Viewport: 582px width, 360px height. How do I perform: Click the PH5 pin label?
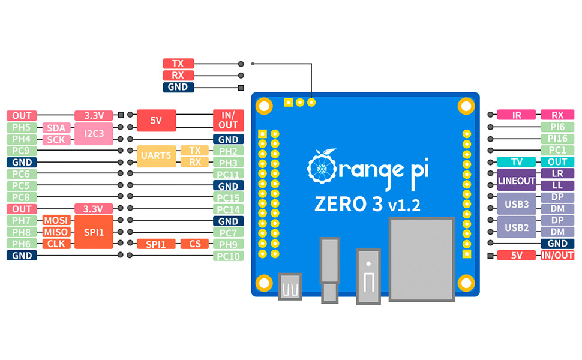click(x=22, y=127)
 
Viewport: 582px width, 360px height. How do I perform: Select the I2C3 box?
click(x=94, y=133)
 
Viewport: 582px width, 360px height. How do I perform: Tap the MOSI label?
click(x=56, y=220)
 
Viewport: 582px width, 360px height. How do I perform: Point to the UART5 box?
click(x=156, y=156)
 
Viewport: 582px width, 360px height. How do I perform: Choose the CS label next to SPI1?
click(x=195, y=244)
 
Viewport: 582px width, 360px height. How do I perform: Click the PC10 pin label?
click(x=229, y=256)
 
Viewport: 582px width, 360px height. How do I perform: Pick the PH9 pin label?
click(x=229, y=244)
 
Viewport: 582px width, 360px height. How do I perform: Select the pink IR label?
click(x=517, y=115)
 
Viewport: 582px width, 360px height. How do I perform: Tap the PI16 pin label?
click(x=557, y=139)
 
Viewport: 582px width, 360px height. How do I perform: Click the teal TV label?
click(x=517, y=162)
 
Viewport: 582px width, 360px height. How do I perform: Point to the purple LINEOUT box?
click(x=517, y=180)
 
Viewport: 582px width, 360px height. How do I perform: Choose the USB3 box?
click(x=517, y=204)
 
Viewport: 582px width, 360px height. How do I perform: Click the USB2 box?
click(x=517, y=227)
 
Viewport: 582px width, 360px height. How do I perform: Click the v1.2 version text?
click(x=404, y=205)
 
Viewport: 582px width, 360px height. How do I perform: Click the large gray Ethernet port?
click(x=422, y=259)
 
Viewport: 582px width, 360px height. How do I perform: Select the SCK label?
click(x=56, y=139)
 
